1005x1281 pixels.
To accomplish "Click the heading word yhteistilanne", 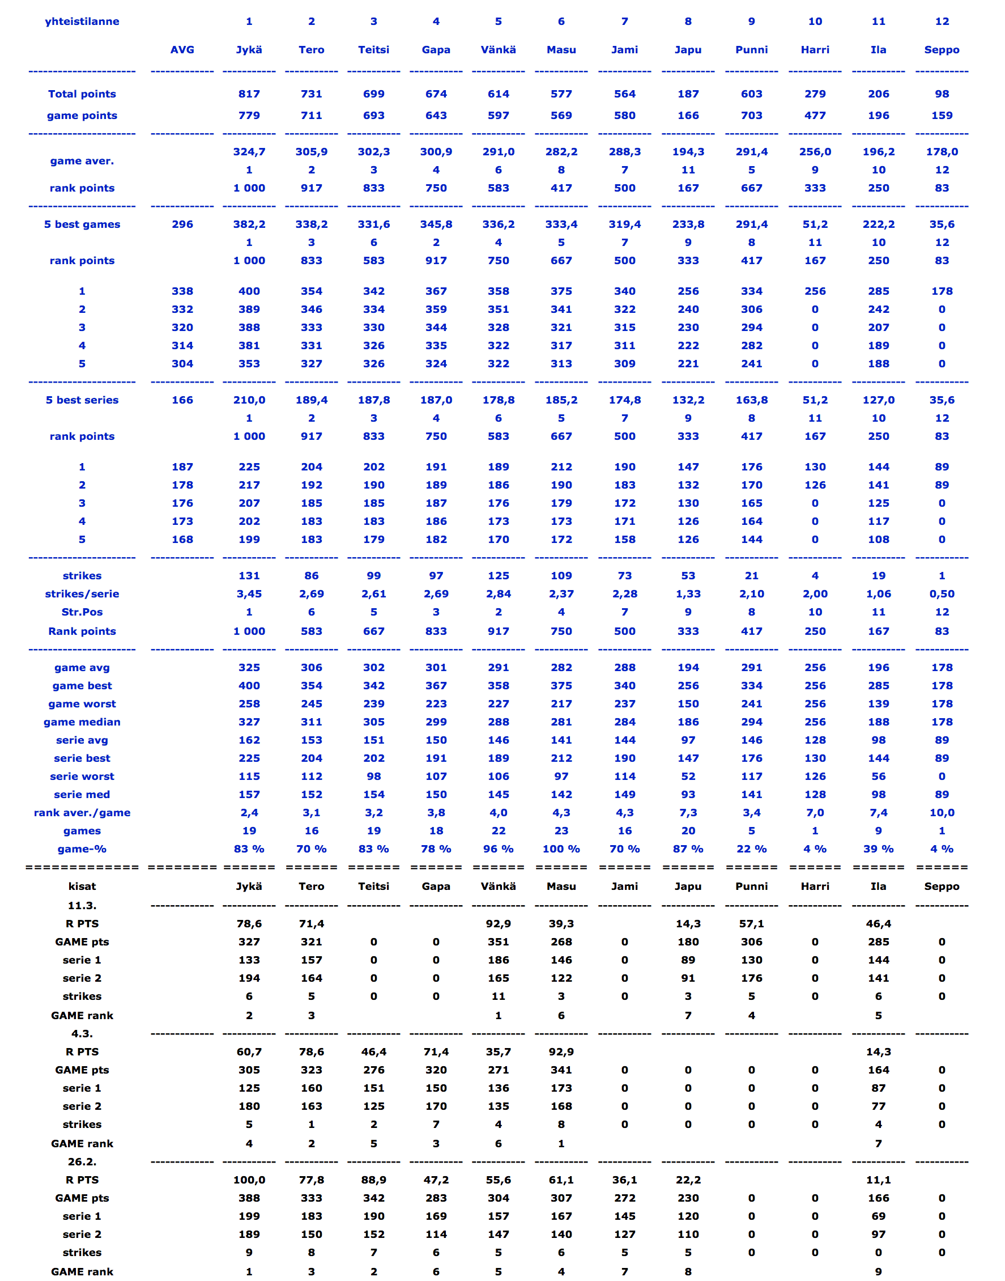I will pos(82,21).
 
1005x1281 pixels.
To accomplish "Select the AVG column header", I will pos(182,49).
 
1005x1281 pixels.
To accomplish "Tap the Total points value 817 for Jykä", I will pos(249,94).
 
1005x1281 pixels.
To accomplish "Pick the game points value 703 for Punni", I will pos(751,116).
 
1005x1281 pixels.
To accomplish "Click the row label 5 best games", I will pos(82,224).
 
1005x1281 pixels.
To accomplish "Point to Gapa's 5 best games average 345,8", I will pos(436,224).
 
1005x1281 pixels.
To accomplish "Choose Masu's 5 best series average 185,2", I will pos(561,400).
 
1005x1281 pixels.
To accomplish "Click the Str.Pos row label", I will pos(82,612).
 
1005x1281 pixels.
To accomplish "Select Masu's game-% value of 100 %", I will pos(561,849).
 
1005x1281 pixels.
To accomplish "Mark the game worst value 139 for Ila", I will pos(879,703).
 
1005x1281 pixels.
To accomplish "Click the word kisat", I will pos(82,886).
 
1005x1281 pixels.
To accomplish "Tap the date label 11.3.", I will pos(82,905).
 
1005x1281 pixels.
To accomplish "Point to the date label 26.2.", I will pos(82,1161).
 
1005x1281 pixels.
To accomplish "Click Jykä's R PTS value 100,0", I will pos(249,1180).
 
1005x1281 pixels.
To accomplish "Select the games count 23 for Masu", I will pos(561,830).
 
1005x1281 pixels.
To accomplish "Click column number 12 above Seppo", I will pos(942,21).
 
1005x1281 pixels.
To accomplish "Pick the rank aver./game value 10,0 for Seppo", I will pos(942,812).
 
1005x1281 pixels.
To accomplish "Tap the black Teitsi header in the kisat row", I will pos(374,886).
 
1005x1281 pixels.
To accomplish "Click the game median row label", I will pos(82,722).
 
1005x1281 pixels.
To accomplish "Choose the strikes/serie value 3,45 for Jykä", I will pos(249,594).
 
